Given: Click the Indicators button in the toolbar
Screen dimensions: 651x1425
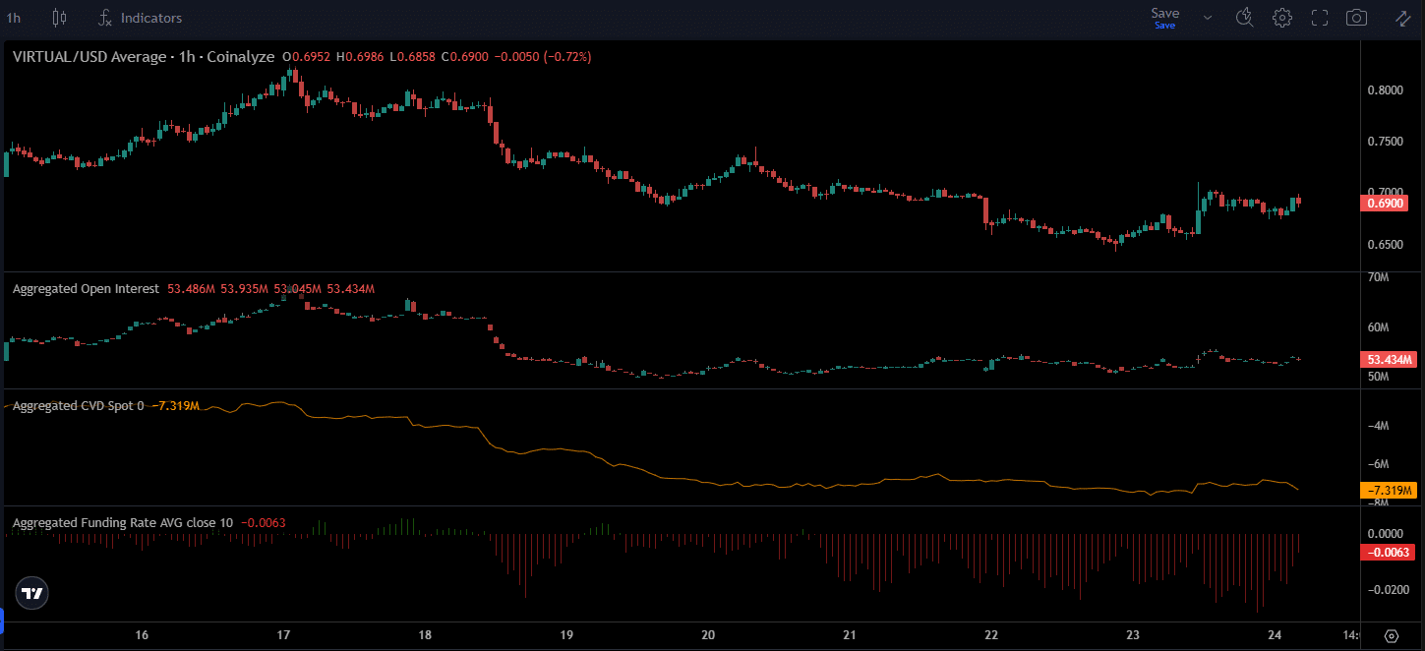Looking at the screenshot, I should pyautogui.click(x=141, y=18).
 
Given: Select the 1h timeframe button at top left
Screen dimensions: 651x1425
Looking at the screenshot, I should pyautogui.click(x=14, y=18).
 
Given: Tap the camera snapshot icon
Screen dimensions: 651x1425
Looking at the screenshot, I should pyautogui.click(x=1356, y=18).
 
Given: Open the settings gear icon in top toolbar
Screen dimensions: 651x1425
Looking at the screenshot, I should pyautogui.click(x=1281, y=18).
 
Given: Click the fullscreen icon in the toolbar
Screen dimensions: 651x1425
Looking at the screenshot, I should pyautogui.click(x=1320, y=18).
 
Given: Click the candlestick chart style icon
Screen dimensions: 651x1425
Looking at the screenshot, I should pyautogui.click(x=59, y=18).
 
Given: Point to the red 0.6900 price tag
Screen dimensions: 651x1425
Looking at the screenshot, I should pyautogui.click(x=1387, y=204).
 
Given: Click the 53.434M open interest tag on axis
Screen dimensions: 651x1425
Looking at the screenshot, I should pyautogui.click(x=1387, y=359).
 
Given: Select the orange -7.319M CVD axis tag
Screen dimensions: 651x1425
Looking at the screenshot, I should pyautogui.click(x=1387, y=490).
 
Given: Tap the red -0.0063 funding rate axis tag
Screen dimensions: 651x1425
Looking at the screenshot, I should pyautogui.click(x=1387, y=552).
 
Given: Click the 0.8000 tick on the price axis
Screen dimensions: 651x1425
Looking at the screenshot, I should pyautogui.click(x=1386, y=90).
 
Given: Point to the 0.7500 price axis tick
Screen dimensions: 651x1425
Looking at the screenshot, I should pyautogui.click(x=1386, y=142).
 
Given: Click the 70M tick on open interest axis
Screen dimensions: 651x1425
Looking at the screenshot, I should pyautogui.click(x=1378, y=278).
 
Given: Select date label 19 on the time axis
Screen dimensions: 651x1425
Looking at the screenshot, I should pyautogui.click(x=566, y=635).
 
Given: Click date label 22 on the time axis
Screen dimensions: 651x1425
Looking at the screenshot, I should pyautogui.click(x=991, y=635).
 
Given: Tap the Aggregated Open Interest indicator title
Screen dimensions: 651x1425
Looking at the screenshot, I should pyautogui.click(x=85, y=289).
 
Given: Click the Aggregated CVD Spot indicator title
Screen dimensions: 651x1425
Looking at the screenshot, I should pyautogui.click(x=73, y=406).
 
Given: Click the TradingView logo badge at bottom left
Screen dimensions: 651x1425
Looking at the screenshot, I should pyautogui.click(x=32, y=593).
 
